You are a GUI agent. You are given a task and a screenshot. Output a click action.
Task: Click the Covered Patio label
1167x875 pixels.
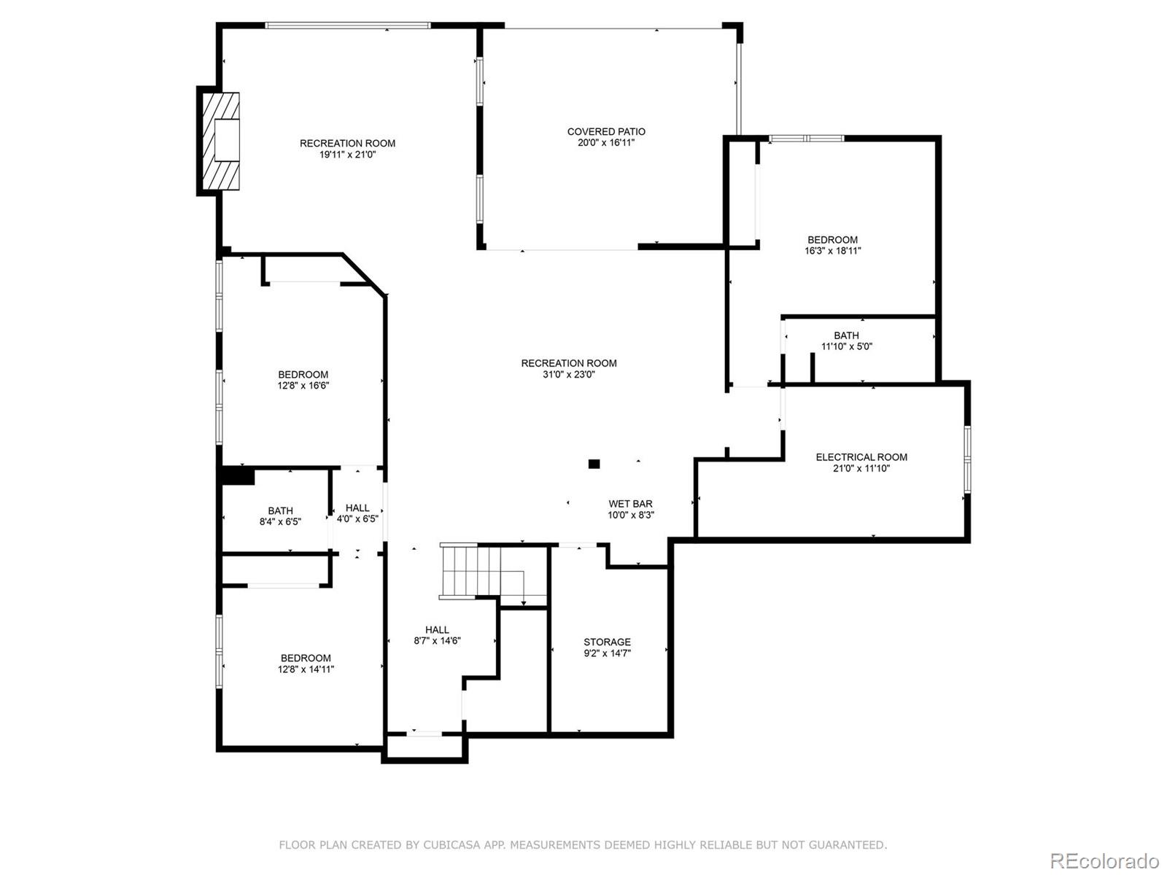pos(606,132)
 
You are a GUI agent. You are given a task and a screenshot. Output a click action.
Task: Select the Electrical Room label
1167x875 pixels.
pos(861,457)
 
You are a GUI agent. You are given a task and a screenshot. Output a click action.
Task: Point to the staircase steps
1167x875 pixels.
pos(470,571)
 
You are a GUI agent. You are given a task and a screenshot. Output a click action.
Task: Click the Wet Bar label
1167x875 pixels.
pos(630,504)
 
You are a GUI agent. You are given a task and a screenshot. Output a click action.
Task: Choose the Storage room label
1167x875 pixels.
pos(607,642)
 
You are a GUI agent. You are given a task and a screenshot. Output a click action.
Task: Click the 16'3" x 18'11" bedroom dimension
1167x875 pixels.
pos(832,251)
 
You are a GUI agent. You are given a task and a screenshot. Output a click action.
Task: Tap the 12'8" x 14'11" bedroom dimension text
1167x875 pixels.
pos(306,669)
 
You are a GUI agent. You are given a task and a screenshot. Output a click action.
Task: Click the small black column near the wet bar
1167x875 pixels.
pos(594,464)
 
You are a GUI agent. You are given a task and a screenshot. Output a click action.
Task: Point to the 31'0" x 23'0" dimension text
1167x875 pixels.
pos(569,375)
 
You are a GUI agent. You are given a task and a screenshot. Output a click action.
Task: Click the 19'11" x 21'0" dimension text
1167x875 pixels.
pos(347,155)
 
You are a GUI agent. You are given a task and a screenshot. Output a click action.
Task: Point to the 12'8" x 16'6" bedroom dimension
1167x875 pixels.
pos(303,386)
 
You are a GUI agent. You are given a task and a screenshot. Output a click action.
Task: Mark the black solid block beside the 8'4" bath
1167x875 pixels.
pos(238,475)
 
